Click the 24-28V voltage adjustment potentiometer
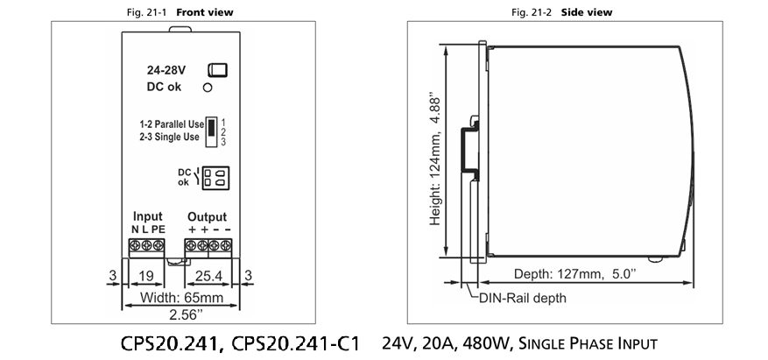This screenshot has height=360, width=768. [217, 70]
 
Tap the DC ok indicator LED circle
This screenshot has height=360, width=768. [208, 88]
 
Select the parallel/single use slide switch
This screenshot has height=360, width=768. [211, 131]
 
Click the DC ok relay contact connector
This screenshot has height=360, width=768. [215, 178]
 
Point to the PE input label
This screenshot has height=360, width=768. [159, 229]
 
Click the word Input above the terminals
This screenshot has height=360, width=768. [147, 216]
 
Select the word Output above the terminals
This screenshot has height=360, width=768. [208, 217]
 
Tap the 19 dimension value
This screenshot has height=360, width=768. [146, 276]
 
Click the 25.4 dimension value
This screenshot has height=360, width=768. [208, 276]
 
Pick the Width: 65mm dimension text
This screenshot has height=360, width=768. [181, 297]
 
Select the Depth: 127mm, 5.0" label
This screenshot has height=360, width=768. [574, 274]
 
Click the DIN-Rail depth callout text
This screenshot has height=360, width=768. [522, 297]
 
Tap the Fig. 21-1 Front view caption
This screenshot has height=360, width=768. [180, 12]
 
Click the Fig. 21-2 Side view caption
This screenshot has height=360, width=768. [562, 12]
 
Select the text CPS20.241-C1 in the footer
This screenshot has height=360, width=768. [295, 344]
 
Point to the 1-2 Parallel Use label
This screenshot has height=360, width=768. [172, 124]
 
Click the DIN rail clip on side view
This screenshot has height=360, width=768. [469, 150]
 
